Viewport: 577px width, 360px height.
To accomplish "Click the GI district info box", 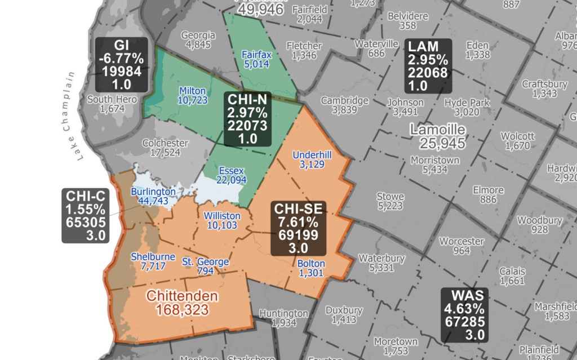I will pyautogui.click(x=121, y=64).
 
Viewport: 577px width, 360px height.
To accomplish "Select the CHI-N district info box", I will pyautogui.click(x=247, y=119).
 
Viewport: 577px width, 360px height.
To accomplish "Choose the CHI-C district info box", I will pyautogui.click(x=86, y=215).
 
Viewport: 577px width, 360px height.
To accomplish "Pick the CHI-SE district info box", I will pyautogui.click(x=299, y=228).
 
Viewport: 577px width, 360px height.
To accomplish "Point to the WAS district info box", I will pyautogui.click(x=464, y=314).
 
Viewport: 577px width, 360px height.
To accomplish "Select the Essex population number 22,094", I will pyautogui.click(x=232, y=180).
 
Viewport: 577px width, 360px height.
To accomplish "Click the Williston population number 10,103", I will pyautogui.click(x=222, y=225).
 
